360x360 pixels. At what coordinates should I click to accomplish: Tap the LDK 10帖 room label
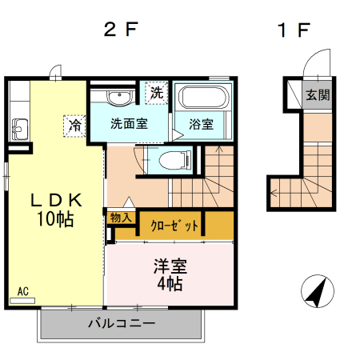(54, 210)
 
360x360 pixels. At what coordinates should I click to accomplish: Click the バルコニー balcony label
(120, 324)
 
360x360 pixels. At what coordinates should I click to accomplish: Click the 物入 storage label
(121, 217)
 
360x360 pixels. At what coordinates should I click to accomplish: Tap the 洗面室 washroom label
(128, 125)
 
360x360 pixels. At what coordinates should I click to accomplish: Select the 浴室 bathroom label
(201, 125)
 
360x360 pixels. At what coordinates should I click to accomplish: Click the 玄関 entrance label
(317, 94)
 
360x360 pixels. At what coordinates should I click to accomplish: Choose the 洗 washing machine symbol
(157, 93)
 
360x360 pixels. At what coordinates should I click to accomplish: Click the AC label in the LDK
(23, 292)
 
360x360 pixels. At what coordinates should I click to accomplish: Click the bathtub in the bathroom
(202, 98)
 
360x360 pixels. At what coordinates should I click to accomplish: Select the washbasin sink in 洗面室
(118, 98)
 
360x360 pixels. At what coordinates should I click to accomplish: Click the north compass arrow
(318, 292)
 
